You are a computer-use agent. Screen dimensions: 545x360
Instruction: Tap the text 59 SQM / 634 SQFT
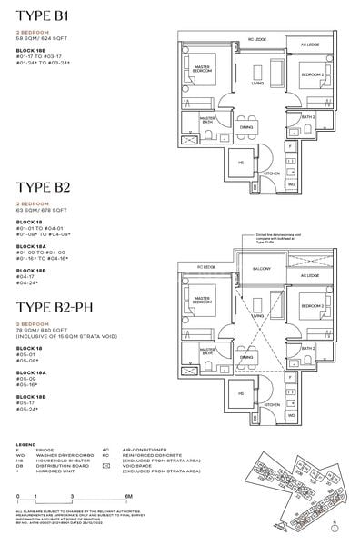pos(45,43)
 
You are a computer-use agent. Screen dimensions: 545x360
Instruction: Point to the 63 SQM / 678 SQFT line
pos(45,210)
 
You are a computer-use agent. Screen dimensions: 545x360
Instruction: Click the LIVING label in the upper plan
pos(257,83)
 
